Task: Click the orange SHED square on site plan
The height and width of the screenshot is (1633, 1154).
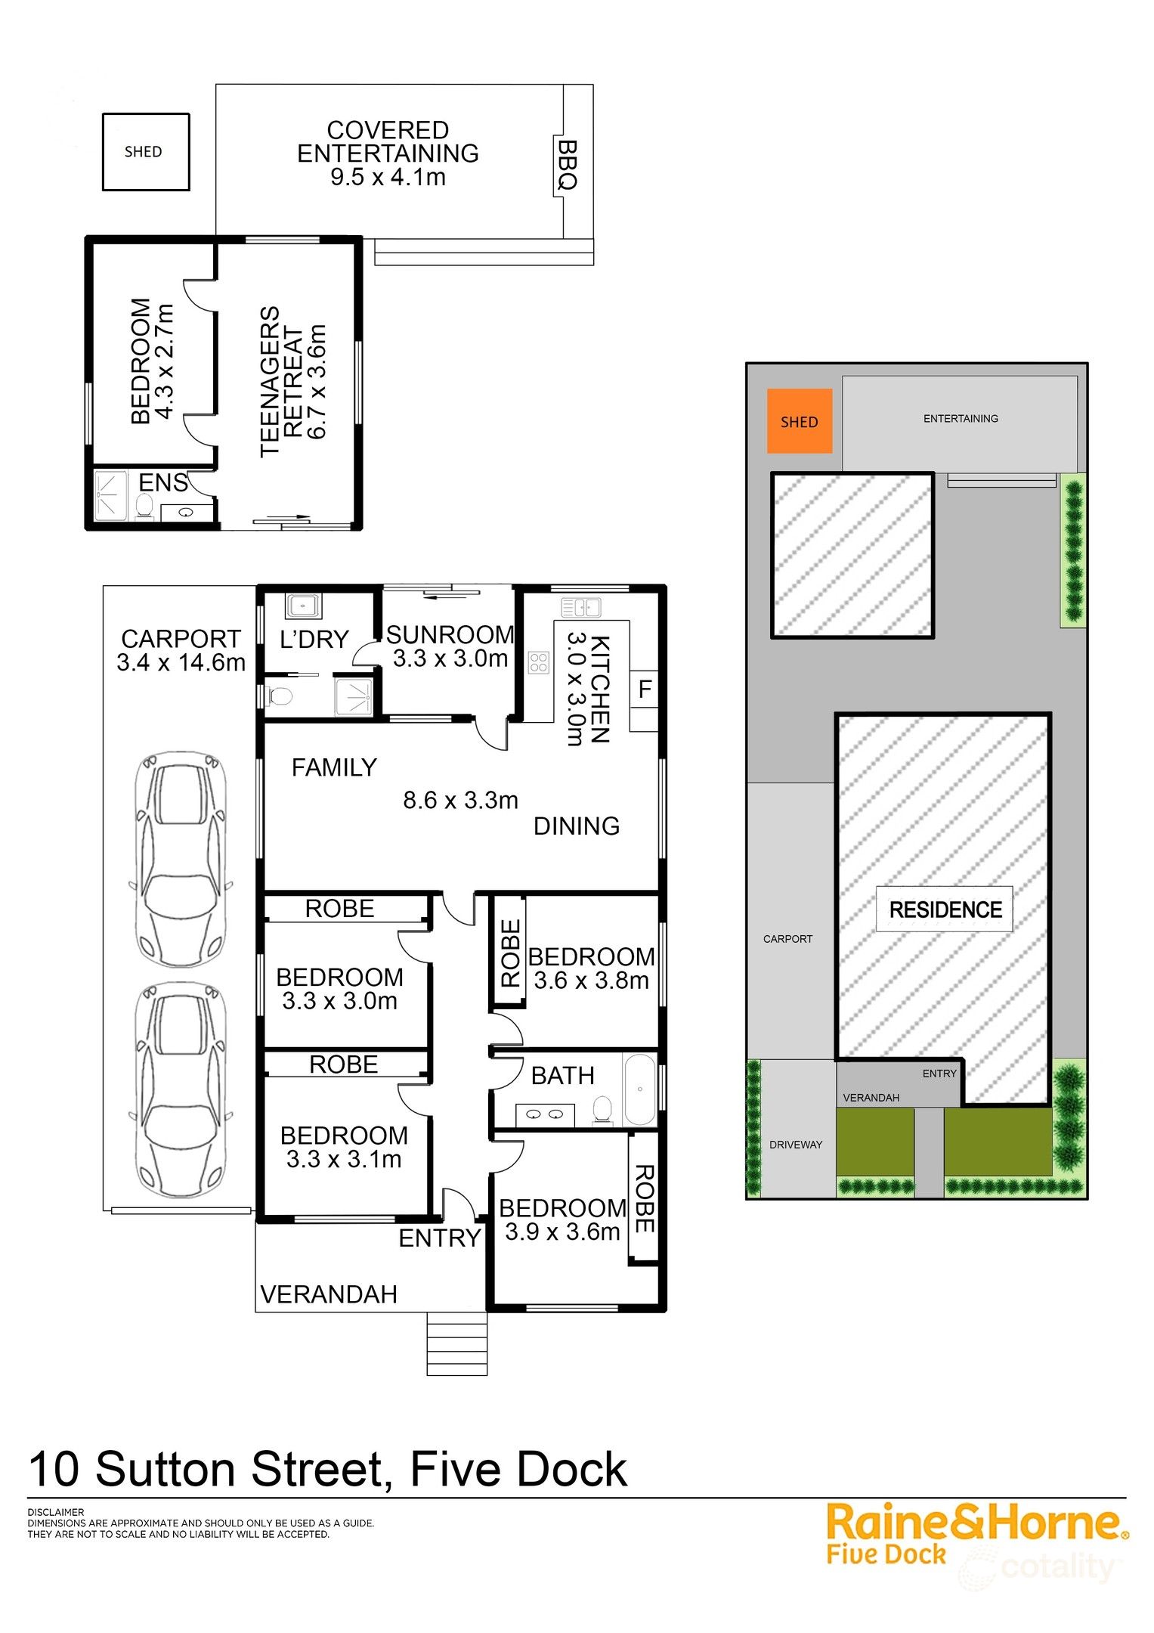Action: pyautogui.click(x=799, y=421)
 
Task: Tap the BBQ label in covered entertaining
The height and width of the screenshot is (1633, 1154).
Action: pyautogui.click(x=567, y=165)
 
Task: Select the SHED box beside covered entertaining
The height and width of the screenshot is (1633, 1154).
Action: pyautogui.click(x=145, y=152)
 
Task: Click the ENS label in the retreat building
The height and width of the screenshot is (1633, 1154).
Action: pyautogui.click(x=162, y=482)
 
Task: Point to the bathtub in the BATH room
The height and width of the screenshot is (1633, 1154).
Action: pyautogui.click(x=640, y=1089)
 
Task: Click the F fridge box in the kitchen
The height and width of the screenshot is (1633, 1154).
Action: pyautogui.click(x=645, y=689)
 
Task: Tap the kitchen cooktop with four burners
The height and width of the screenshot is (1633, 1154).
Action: pyautogui.click(x=538, y=663)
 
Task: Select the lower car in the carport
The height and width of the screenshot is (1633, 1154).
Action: pyautogui.click(x=181, y=1090)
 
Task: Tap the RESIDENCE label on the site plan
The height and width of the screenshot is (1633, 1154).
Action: pyautogui.click(x=945, y=909)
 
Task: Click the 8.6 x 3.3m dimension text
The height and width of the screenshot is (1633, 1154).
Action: pyautogui.click(x=460, y=800)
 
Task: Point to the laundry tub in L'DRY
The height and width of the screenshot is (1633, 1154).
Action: pyautogui.click(x=303, y=606)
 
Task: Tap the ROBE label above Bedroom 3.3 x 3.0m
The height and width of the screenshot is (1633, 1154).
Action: pyautogui.click(x=339, y=909)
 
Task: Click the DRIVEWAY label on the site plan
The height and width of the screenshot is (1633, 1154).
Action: pyautogui.click(x=795, y=1145)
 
